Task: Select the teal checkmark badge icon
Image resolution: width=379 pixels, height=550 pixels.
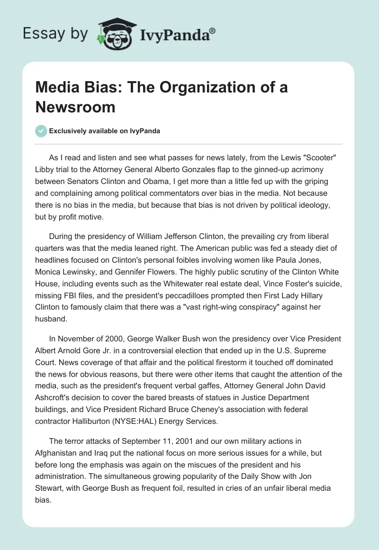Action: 41,131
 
